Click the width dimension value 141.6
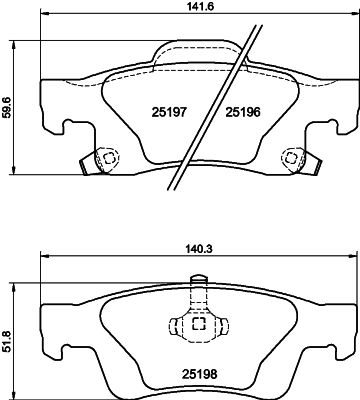pos(181,7)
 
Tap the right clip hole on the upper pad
pos(292,157)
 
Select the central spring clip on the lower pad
pos(197,324)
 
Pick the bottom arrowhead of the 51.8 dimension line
pos(11,386)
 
